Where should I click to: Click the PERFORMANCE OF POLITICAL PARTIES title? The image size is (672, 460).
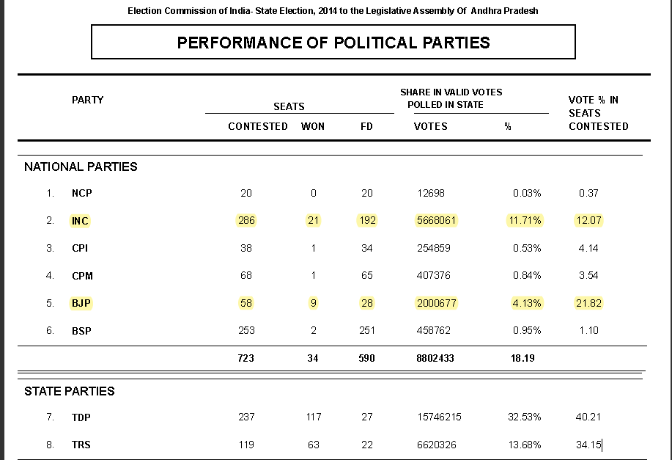[x=333, y=43]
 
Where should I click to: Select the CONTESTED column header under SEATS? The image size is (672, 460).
[x=258, y=126]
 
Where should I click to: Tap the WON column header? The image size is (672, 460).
[x=313, y=126]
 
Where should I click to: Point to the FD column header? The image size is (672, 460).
[x=367, y=126]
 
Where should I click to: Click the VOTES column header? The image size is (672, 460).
[x=431, y=126]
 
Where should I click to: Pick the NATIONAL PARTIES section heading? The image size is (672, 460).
[x=81, y=167]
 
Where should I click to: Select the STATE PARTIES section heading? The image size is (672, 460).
[x=70, y=391]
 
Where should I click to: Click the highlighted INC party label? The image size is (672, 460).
[x=81, y=221]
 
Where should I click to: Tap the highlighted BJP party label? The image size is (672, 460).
[x=81, y=303]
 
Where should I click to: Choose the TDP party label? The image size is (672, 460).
[x=81, y=417]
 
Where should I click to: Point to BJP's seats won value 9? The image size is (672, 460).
[x=314, y=303]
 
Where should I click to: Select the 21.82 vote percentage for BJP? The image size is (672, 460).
[x=588, y=303]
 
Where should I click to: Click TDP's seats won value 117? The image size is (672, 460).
[x=314, y=417]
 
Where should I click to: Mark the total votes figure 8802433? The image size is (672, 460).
[x=435, y=359]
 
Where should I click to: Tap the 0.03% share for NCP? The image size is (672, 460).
[x=526, y=193]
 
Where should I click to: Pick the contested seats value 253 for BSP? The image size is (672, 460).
[x=246, y=331]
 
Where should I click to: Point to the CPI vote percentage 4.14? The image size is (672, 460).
[x=588, y=248]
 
